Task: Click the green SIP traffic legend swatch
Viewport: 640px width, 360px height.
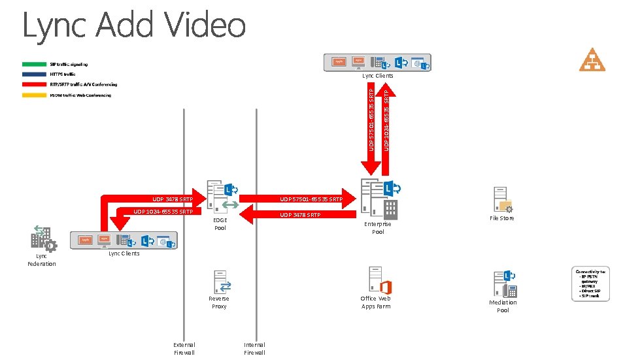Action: click(33, 64)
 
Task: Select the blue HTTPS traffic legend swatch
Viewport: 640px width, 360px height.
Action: click(33, 74)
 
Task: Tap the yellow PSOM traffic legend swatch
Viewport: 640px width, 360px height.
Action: click(33, 95)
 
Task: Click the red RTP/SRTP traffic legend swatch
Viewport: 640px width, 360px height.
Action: click(33, 85)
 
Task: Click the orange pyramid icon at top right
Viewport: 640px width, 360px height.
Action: click(592, 60)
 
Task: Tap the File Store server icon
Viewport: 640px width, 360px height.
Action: click(502, 200)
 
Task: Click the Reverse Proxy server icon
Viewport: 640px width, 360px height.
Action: click(220, 282)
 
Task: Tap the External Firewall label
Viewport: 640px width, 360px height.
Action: click(184, 348)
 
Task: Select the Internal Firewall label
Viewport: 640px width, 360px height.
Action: click(254, 348)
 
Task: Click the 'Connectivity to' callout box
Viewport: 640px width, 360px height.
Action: click(592, 284)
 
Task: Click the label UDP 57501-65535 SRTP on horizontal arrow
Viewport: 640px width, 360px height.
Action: click(311, 199)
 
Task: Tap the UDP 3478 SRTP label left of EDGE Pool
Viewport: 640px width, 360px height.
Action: click(173, 199)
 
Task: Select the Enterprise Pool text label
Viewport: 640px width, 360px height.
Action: click(378, 228)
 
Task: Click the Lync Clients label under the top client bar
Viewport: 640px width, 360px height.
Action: click(378, 76)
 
